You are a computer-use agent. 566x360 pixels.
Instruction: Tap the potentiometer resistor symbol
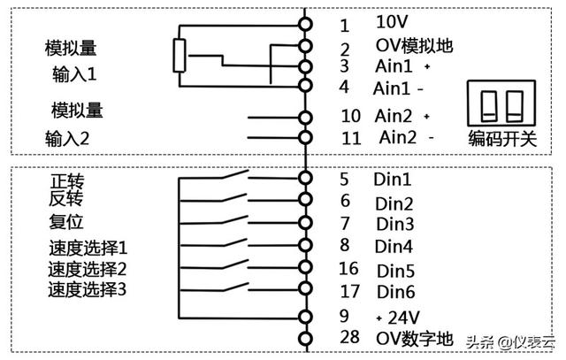point(180,56)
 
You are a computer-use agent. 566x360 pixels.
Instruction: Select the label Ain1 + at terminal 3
point(402,67)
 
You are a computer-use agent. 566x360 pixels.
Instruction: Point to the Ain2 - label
point(406,138)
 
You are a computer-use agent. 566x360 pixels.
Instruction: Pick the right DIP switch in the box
point(515,105)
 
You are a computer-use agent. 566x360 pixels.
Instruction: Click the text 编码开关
point(501,138)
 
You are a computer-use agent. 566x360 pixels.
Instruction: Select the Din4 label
point(394,246)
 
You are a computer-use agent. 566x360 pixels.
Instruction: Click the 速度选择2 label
point(87,267)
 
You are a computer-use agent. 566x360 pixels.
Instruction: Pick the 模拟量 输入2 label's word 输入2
point(67,139)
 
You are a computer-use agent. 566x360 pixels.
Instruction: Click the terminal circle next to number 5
point(306,178)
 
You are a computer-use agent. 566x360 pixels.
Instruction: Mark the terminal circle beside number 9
point(306,316)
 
